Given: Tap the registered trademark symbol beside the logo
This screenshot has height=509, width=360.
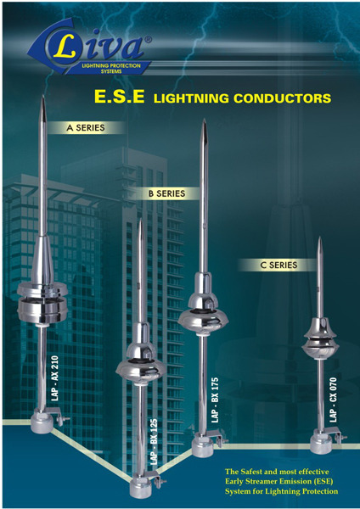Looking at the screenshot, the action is (x=148, y=40).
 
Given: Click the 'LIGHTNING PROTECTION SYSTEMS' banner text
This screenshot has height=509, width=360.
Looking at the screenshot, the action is (x=111, y=68).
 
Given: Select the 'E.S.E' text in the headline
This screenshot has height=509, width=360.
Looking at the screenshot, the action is (x=119, y=97).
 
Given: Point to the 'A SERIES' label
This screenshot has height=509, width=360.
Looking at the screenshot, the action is (x=86, y=128).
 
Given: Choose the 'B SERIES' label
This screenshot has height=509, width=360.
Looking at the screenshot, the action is (x=167, y=193).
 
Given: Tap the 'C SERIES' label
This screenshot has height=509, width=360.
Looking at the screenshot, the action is (x=278, y=266).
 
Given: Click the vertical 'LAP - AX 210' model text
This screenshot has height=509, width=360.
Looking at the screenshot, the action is (x=55, y=378).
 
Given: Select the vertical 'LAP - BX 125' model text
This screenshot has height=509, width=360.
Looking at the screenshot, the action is (x=154, y=442).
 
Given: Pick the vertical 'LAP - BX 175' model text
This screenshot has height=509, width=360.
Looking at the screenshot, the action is (x=215, y=400).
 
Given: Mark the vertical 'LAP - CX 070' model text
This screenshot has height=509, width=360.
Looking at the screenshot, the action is (x=333, y=400).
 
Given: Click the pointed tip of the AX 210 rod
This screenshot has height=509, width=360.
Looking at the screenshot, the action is (x=43, y=96).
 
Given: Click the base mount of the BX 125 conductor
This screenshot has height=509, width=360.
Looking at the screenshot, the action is (x=143, y=487).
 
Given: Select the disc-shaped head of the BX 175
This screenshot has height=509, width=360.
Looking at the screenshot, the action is (x=203, y=317).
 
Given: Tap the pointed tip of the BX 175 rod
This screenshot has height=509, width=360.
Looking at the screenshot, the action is (x=204, y=120).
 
